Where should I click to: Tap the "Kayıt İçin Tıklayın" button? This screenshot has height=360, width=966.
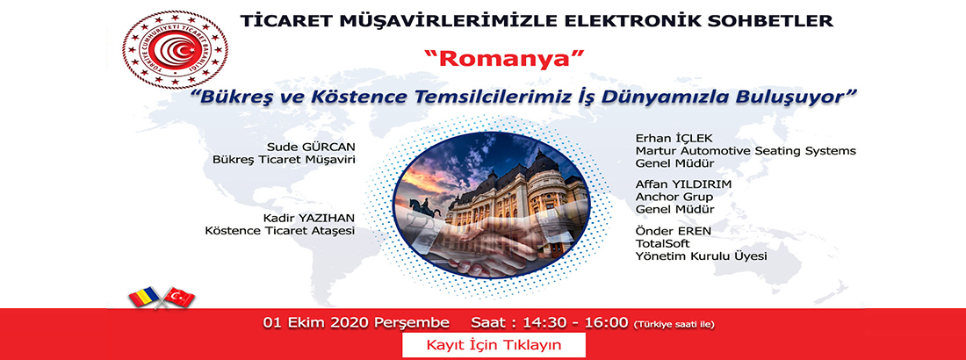coord(494,344)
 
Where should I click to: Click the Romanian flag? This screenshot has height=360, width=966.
coord(146,298)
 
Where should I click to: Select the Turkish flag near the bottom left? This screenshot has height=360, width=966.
coord(178,297)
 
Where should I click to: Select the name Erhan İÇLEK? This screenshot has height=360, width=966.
coord(667,137)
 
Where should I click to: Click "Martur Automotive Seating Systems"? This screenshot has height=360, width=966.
coord(746,150)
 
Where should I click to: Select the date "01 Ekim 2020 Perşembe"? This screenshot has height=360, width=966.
coord(357,322)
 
